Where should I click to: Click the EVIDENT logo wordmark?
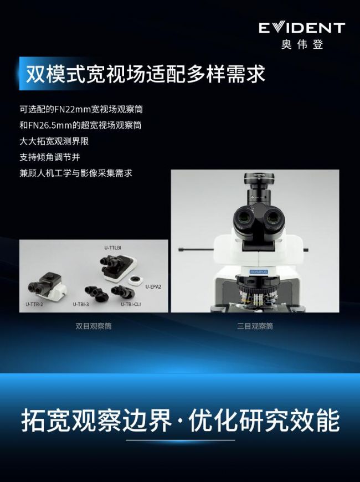click(302, 28)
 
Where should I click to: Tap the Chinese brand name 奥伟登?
click(302, 44)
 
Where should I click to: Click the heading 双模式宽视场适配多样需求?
click(146, 74)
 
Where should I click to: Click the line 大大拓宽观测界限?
click(54, 141)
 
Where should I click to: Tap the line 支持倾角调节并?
click(50, 157)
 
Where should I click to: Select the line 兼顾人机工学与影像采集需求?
click(76, 173)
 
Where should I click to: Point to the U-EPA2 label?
click(153, 287)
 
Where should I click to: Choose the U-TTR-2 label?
click(34, 304)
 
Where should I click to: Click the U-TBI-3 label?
click(81, 304)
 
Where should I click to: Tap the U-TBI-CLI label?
click(131, 304)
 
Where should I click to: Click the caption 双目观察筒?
click(94, 326)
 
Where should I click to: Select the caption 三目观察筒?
click(255, 326)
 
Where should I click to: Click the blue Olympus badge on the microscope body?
click(259, 271)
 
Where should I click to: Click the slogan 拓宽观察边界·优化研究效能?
click(181, 420)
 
